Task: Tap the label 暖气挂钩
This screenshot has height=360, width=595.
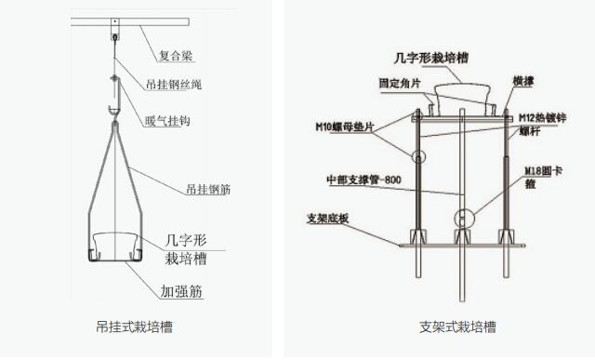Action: [167, 121]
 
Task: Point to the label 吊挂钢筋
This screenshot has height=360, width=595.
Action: [206, 189]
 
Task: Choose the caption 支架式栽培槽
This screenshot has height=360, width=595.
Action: [456, 327]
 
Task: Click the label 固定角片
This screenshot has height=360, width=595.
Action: [399, 82]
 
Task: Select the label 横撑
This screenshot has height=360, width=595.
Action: [522, 82]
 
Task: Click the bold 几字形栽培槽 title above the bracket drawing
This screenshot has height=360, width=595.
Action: [437, 58]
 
